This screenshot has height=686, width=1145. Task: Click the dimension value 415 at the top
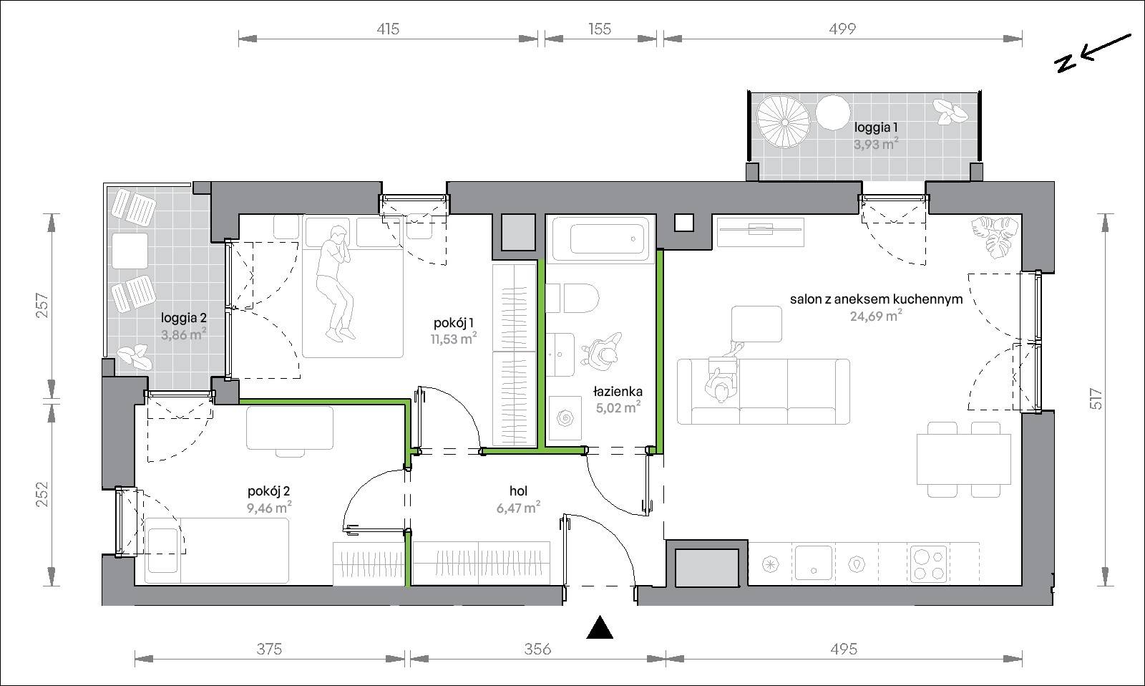388,29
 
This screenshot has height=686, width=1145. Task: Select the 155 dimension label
600,29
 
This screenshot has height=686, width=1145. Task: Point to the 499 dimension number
842,29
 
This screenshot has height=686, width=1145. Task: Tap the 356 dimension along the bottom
537,649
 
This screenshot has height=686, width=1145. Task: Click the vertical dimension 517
1096,399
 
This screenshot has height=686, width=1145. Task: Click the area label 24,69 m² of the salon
876,316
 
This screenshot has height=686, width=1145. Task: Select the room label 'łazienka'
618,392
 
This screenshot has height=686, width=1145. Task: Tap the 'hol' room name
518,491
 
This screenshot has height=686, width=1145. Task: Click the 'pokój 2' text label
269,492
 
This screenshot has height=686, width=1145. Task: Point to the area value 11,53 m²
454,339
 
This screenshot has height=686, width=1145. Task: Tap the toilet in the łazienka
573,298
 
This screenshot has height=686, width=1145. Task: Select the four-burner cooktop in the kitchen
927,564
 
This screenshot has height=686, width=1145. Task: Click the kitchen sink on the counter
813,562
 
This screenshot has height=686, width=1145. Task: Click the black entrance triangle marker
600,629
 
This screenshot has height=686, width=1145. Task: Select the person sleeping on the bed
335,283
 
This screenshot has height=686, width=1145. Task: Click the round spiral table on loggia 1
784,122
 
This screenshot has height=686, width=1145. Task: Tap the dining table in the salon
964,459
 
